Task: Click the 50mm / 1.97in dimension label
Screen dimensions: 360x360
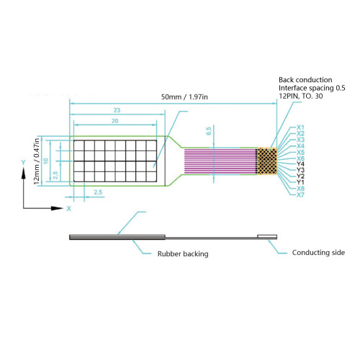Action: tap(184, 97)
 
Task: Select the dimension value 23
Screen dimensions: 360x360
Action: tap(117, 110)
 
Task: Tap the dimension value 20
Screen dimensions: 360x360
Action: tap(115, 121)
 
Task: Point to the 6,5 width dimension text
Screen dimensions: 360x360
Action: tap(209, 131)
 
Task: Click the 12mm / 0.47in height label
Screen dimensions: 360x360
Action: tap(37, 161)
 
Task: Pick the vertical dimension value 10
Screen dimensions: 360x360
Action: tap(46, 161)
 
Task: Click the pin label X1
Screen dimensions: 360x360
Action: tap(300, 127)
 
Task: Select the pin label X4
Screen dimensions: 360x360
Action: tap(300, 146)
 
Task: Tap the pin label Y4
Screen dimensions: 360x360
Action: tap(300, 164)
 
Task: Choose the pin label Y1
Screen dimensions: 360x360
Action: tap(300, 182)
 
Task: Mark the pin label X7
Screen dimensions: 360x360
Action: tap(300, 194)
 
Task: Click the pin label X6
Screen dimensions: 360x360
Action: tap(300, 158)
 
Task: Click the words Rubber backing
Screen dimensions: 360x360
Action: tap(183, 254)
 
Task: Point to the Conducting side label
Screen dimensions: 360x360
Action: tap(318, 253)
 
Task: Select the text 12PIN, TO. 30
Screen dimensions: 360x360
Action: tap(301, 96)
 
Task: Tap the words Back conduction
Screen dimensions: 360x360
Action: tap(305, 80)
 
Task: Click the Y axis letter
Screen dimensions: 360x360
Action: tap(23, 163)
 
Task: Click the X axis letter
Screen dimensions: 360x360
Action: tap(69, 209)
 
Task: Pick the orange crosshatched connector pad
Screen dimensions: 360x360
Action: tap(266, 161)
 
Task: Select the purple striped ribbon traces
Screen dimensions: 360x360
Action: tap(220, 161)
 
